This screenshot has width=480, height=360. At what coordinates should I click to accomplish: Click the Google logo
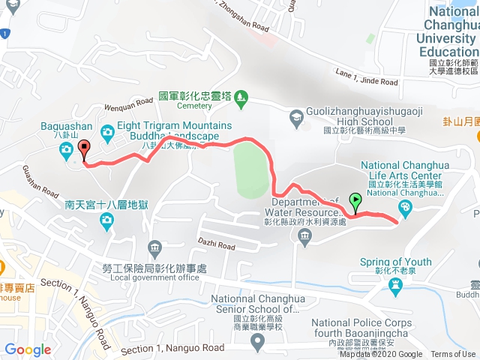28,350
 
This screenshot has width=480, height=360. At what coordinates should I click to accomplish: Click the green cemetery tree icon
241,96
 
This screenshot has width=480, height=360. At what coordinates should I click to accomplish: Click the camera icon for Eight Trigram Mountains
106,133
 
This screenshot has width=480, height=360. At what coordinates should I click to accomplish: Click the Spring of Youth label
396,262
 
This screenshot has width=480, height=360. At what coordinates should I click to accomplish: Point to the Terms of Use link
453,355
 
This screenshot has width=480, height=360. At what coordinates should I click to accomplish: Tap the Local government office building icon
154,247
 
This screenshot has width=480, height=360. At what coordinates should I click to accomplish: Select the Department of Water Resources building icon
304,238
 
